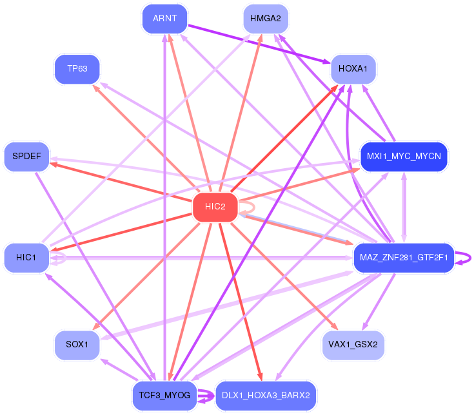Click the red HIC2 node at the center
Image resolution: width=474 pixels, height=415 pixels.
pyautogui.click(x=215, y=207)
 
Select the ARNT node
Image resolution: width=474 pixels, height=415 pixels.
pyautogui.click(x=164, y=19)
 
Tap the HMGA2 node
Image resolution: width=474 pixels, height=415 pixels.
pyautogui.click(x=266, y=19)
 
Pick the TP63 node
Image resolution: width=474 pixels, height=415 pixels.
pyautogui.click(x=77, y=68)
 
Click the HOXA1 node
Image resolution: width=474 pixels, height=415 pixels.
pyautogui.click(x=353, y=68)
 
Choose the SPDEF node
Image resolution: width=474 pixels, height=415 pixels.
pyautogui.click(x=26, y=157)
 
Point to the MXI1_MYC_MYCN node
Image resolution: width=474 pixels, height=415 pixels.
pyautogui.click(x=403, y=157)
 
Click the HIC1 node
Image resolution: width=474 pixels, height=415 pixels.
pyautogui.click(x=26, y=257)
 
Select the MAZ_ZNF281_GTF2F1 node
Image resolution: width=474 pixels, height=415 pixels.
pyautogui.click(x=403, y=258)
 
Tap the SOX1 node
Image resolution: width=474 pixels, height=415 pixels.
pyautogui.click(x=77, y=345)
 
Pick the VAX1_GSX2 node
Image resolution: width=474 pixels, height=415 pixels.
pyautogui.click(x=353, y=345)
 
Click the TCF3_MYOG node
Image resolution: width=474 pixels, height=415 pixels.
pyautogui.click(x=164, y=395)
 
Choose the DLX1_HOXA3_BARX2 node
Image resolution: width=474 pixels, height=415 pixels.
pyautogui.click(x=266, y=395)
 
